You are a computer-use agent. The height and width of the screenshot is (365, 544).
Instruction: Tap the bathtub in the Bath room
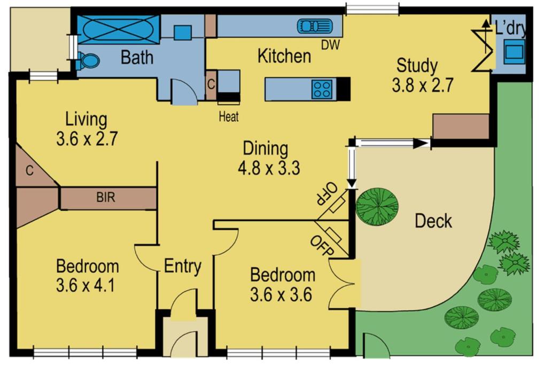[x=118, y=29]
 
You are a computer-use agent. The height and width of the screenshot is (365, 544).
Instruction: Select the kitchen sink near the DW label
[x=315, y=26]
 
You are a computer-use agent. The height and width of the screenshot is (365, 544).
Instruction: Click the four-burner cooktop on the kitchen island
[x=322, y=89]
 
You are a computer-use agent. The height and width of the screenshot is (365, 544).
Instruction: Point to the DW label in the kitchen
[x=330, y=45]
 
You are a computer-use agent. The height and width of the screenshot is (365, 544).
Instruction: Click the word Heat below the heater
[x=229, y=117]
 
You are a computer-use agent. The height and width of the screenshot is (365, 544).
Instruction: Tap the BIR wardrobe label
[x=105, y=197]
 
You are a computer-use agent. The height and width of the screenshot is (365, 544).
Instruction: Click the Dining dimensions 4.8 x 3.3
[x=269, y=168]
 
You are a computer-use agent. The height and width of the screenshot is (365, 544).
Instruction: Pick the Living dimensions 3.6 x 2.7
[x=87, y=138]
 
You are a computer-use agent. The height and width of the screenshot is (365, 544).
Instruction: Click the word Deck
[x=433, y=221]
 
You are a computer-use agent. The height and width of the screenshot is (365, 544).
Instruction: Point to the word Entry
[x=182, y=267]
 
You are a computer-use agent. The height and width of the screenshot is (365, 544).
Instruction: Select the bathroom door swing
[x=184, y=91]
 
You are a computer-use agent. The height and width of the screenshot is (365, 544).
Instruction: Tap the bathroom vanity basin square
[x=182, y=33]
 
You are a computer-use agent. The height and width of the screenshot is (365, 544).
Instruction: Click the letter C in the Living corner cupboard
[x=29, y=170]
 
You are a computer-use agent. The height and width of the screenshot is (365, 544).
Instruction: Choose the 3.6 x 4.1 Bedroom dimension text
[x=86, y=286]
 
